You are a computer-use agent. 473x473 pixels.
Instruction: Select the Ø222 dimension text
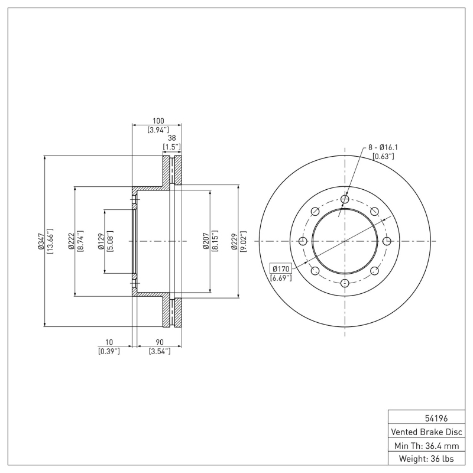pyautogui.click(x=70, y=242)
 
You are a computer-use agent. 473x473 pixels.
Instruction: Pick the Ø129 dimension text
pyautogui.click(x=100, y=242)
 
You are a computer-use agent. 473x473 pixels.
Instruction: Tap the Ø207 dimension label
pyautogui.click(x=205, y=242)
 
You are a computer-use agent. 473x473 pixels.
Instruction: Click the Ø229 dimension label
pyautogui.click(x=234, y=242)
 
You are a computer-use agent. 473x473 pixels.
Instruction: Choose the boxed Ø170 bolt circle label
pyautogui.click(x=281, y=267)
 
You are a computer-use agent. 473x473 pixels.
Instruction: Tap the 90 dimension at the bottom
pyautogui.click(x=159, y=342)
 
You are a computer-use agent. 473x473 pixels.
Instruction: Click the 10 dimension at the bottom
pyautogui.click(x=108, y=342)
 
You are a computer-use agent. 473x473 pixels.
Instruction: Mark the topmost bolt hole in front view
pyautogui.click(x=345, y=199)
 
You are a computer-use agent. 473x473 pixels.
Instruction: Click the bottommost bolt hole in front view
pyautogui.click(x=345, y=284)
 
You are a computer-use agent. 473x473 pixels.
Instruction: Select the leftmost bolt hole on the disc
pyautogui.click(x=303, y=241)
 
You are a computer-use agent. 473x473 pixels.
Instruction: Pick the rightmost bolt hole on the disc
pyautogui.click(x=387, y=241)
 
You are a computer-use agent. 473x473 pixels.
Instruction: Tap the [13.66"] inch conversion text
pyautogui.click(x=50, y=242)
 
